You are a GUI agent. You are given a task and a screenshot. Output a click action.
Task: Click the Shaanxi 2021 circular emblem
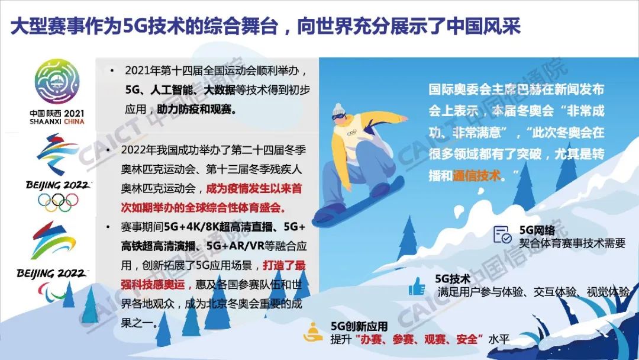(57, 82)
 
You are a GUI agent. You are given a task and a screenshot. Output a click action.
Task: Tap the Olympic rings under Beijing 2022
(58, 202)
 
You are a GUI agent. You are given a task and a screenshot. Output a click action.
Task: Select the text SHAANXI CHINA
(57, 121)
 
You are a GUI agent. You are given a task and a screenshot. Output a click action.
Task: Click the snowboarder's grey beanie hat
(338, 110)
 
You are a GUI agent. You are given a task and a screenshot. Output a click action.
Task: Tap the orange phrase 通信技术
(476, 176)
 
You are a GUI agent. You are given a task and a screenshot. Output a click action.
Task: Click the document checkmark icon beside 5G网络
(502, 234)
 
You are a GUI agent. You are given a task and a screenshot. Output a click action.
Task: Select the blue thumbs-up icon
(417, 286)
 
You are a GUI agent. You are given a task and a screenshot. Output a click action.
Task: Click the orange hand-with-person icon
(313, 332)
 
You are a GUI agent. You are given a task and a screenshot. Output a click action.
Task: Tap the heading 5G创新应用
(359, 326)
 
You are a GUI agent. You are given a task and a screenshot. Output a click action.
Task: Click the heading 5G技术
(453, 279)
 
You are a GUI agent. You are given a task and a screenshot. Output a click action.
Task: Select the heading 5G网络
(537, 230)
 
